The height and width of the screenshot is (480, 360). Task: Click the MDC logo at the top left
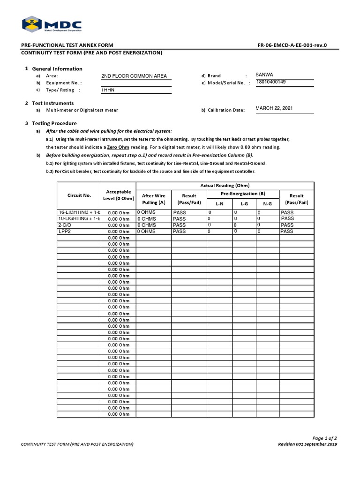click(52, 25)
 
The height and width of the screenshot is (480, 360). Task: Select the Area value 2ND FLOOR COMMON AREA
click(134, 76)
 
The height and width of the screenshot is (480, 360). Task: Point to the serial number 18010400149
click(271, 82)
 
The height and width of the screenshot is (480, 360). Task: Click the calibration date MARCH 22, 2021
click(274, 108)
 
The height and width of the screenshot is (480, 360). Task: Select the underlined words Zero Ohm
click(118, 147)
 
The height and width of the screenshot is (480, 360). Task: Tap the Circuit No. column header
click(79, 195)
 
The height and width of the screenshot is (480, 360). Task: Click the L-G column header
click(244, 204)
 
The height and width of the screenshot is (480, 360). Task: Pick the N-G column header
click(267, 204)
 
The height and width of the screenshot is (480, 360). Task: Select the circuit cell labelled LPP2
click(64, 232)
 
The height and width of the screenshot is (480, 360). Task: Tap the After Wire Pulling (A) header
click(153, 199)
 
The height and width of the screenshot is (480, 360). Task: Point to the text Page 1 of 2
click(324, 438)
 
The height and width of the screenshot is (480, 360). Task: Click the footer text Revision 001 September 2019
click(307, 444)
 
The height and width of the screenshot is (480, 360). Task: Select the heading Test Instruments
click(52, 103)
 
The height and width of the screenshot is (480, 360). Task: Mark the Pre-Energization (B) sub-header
click(243, 193)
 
